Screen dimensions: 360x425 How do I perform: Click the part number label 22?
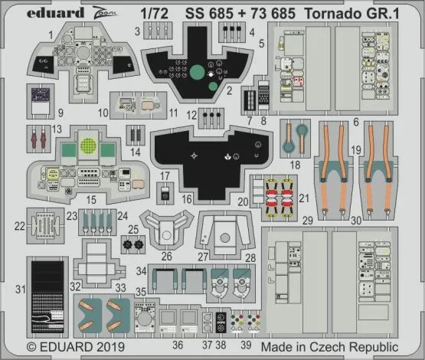20,226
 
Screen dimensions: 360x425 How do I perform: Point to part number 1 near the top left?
48,35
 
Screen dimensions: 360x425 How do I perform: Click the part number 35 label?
140,293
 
